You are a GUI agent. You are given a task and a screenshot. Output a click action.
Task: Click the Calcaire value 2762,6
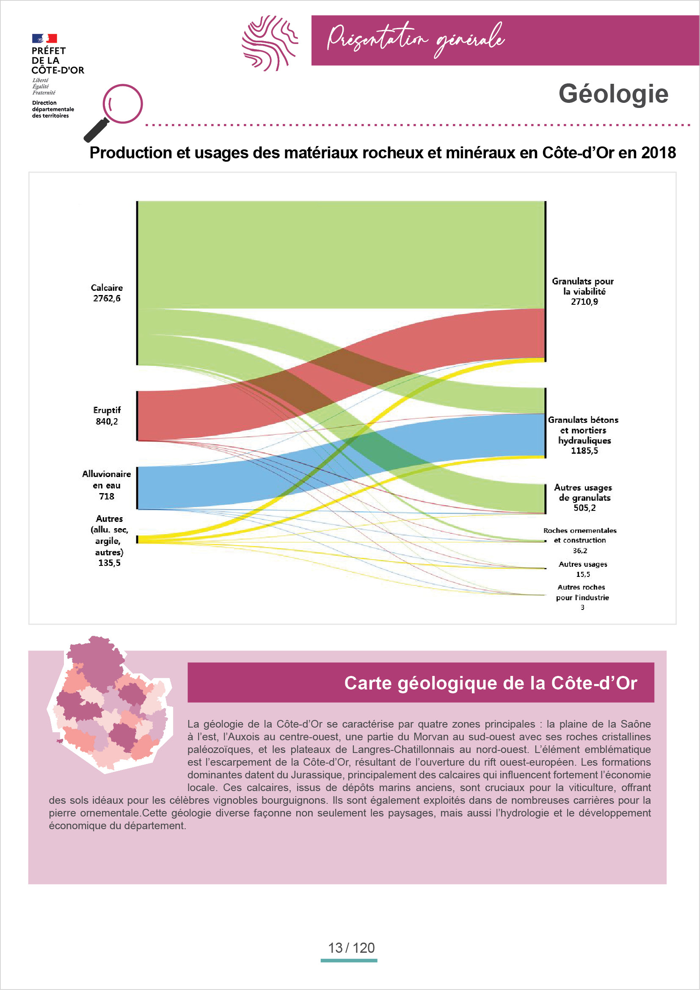coord(107,298)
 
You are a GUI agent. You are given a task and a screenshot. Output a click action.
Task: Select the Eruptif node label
coord(107,410)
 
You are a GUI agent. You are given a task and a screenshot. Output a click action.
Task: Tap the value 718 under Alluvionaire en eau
coord(107,496)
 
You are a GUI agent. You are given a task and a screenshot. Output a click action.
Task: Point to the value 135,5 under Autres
coord(110,563)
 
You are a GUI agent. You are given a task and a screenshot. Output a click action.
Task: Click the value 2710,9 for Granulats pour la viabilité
coord(584,302)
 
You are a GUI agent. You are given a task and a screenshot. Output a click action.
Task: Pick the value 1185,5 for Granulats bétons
coord(584,451)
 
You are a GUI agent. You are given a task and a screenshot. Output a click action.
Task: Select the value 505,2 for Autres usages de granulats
coord(584,508)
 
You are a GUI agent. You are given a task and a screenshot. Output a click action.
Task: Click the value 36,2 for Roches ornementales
coord(580,551)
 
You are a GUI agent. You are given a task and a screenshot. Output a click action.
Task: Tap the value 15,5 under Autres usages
coord(583,574)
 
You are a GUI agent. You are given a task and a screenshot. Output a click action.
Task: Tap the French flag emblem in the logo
coord(44,39)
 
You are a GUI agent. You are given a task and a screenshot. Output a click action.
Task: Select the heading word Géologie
coord(613,94)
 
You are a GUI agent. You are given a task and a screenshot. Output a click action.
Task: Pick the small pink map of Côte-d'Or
coord(110,704)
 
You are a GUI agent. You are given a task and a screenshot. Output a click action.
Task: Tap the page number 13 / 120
coord(351,948)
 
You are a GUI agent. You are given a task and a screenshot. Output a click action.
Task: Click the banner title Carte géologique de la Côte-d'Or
coord(491,683)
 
